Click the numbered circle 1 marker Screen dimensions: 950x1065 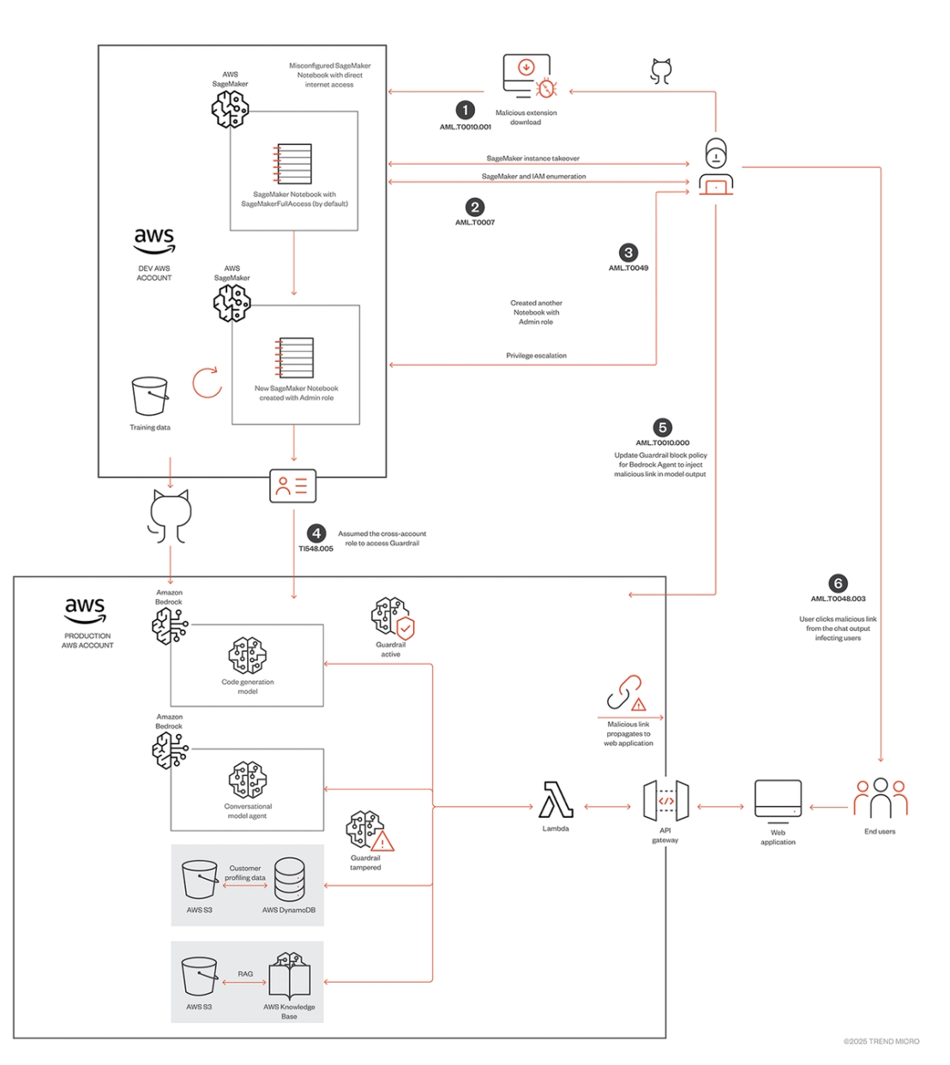[465, 110]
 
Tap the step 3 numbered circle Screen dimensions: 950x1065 [628, 252]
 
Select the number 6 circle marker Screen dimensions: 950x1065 [838, 583]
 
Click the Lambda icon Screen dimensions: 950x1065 [556, 799]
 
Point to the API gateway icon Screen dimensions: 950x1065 [665, 801]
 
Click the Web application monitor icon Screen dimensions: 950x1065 [778, 802]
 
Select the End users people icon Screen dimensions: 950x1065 [881, 798]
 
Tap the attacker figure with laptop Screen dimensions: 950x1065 [716, 166]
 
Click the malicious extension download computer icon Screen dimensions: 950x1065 [529, 76]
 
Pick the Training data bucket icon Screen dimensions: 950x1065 [150, 396]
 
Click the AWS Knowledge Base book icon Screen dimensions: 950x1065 [289, 976]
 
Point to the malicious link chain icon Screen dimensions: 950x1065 [626, 693]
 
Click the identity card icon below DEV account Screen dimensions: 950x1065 [293, 485]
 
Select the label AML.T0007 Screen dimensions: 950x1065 [475, 222]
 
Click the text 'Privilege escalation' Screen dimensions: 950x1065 [536, 355]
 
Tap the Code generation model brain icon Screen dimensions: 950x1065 [248, 655]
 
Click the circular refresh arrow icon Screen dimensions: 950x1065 [207, 382]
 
